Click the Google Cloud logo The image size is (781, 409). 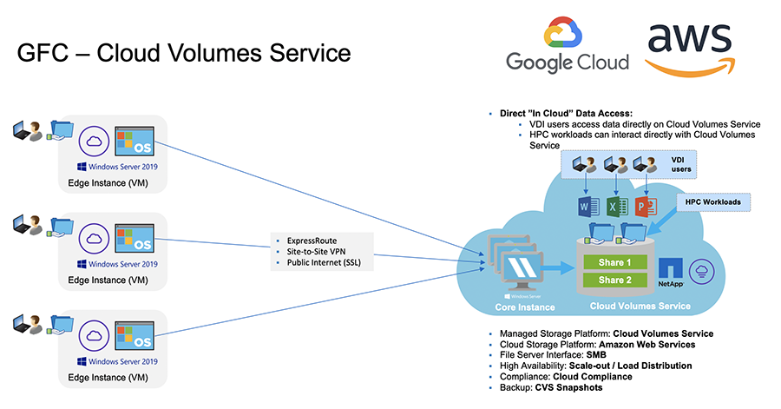[x=567, y=48]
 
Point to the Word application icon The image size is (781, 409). [x=588, y=208]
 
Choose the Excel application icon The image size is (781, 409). [x=616, y=208]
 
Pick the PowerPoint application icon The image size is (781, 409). [x=644, y=208]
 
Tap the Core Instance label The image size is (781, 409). [x=523, y=307]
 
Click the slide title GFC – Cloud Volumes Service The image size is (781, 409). [x=184, y=53]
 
